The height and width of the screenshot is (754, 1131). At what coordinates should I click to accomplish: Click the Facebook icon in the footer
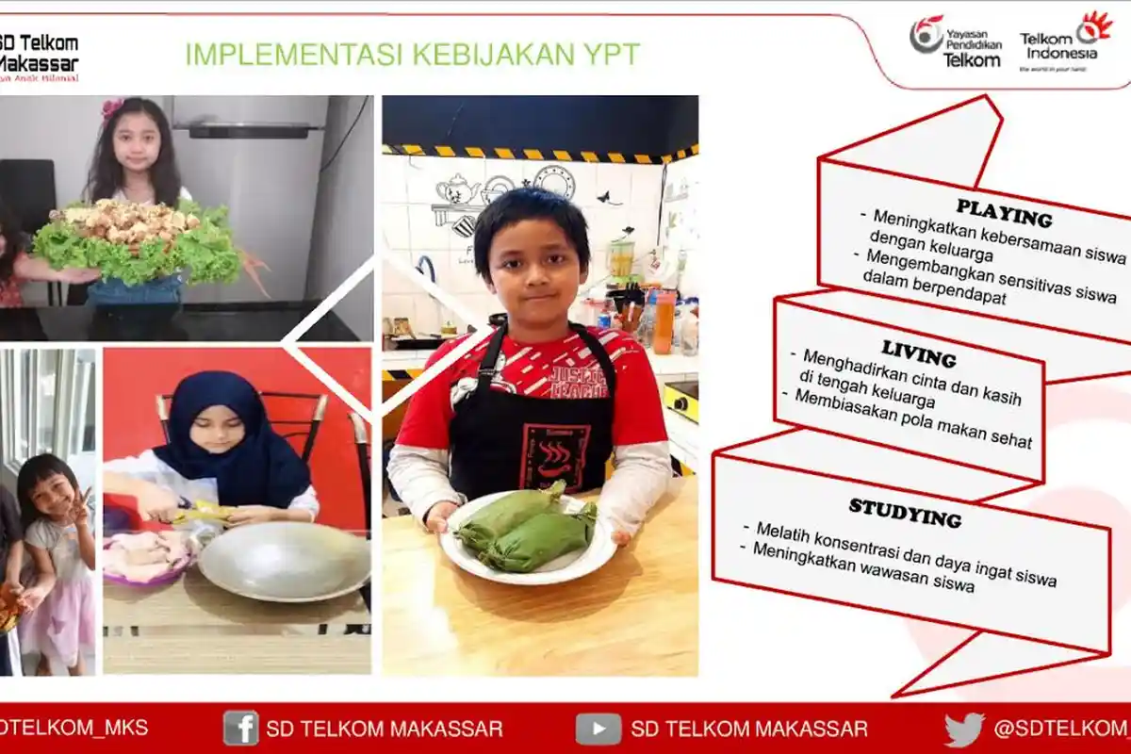click(x=240, y=728)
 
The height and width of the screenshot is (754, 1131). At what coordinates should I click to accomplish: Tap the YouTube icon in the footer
click(x=598, y=729)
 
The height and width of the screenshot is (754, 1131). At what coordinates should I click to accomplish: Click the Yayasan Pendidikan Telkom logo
click(x=956, y=41)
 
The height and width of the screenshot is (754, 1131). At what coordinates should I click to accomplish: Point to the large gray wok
click(x=284, y=561)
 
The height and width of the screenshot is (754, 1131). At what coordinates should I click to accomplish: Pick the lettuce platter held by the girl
click(x=137, y=246)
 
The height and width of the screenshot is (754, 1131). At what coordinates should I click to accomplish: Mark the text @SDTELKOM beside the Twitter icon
click(x=1061, y=728)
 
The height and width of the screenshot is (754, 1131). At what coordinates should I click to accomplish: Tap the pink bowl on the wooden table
click(x=146, y=555)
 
